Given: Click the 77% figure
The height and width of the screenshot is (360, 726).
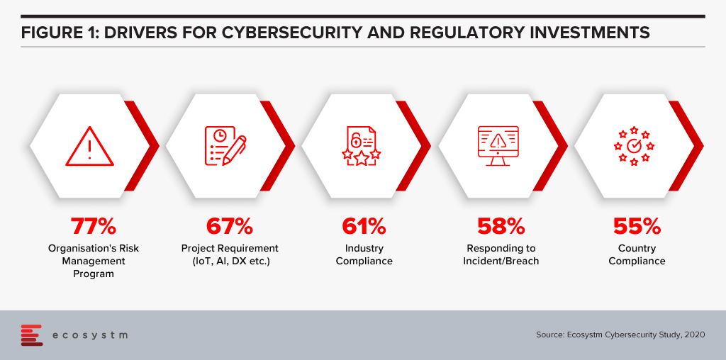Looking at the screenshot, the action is click(x=94, y=226).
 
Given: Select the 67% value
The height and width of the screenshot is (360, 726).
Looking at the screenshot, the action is click(x=230, y=226).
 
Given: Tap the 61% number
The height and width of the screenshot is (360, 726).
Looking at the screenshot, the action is click(x=364, y=226).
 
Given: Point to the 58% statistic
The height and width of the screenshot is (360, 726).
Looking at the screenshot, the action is click(x=501, y=226).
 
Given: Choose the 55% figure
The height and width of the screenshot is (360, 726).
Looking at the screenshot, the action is click(x=637, y=226).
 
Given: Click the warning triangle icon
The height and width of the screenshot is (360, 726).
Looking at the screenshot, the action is click(x=89, y=146).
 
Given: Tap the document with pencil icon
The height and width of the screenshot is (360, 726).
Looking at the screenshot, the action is click(x=225, y=146).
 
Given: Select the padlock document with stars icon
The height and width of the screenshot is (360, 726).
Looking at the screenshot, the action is click(x=362, y=146).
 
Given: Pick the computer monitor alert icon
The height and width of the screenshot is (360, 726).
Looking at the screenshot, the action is click(x=498, y=146).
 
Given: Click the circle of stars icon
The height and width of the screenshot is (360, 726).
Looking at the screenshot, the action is click(x=634, y=146).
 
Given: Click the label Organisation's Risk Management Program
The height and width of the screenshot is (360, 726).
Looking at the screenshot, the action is click(x=94, y=261).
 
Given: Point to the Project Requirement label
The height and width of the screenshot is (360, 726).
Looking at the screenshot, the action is click(x=230, y=249).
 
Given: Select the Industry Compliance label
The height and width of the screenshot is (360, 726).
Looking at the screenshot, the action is click(x=364, y=254).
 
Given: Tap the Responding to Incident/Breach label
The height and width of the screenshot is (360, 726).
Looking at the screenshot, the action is click(x=501, y=254).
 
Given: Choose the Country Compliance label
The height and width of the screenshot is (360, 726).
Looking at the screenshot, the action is click(x=637, y=254).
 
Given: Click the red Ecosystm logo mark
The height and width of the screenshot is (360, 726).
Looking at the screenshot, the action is click(x=31, y=335).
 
